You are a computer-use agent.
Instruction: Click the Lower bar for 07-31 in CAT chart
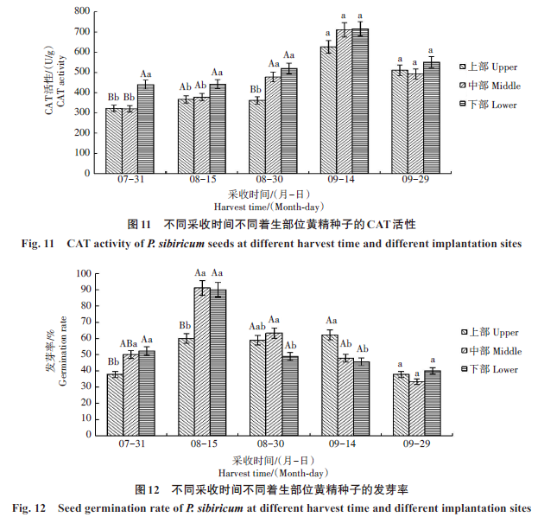tap(145, 128)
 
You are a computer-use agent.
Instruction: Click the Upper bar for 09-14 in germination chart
tap(329, 385)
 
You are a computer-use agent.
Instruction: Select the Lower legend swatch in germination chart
tap(463, 369)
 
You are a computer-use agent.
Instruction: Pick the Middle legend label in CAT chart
tap(496, 85)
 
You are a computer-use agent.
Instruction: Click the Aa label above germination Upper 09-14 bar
tap(329, 322)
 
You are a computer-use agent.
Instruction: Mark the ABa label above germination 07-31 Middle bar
tap(130, 343)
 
